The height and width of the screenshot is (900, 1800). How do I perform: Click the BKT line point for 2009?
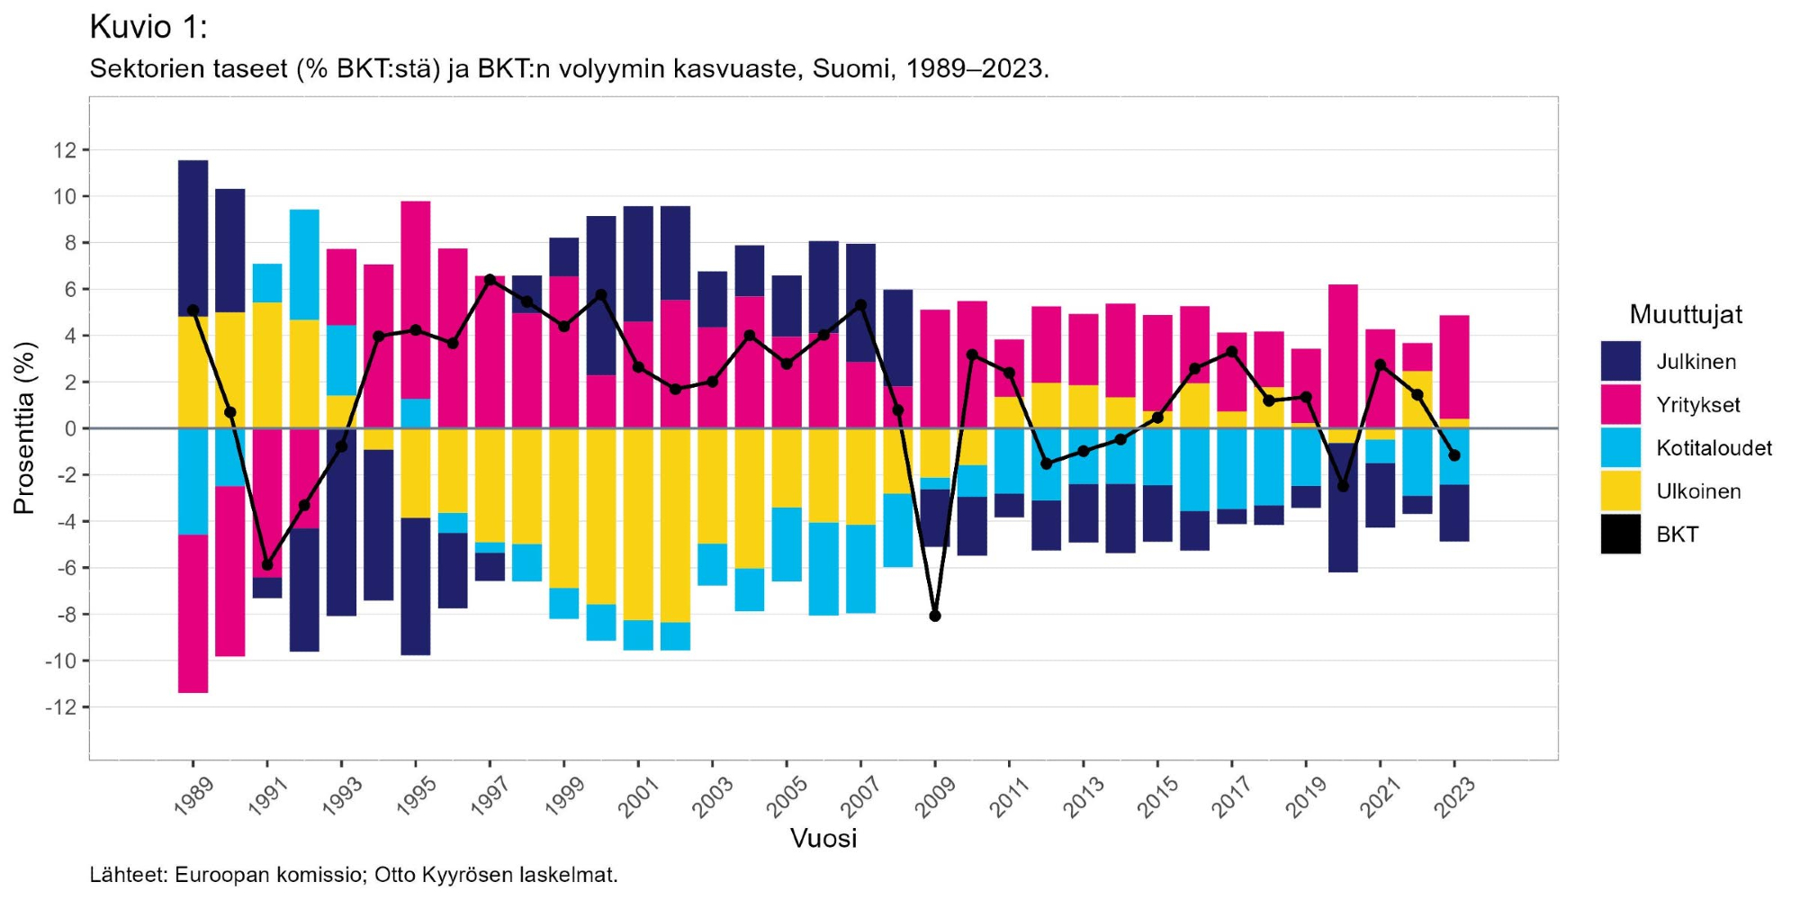935,616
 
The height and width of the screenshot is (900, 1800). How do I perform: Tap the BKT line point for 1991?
267,564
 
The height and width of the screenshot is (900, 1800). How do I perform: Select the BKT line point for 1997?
490,280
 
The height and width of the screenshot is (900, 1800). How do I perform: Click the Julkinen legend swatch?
1620,361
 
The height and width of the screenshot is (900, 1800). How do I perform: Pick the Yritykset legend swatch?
1620,404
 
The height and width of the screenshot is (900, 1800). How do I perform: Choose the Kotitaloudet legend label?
1714,448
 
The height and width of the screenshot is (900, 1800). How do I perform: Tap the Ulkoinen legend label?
1698,491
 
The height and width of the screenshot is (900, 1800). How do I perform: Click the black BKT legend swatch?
1620,534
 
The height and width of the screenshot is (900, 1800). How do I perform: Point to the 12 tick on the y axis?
65,150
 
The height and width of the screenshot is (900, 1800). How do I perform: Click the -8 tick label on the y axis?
61,615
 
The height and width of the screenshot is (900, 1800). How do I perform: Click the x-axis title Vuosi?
823,839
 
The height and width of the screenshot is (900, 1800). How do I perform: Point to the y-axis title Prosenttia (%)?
24,428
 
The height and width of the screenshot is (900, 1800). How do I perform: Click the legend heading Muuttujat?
1685,315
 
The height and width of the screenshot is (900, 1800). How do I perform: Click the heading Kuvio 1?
148,28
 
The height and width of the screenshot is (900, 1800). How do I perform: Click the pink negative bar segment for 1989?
193,614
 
